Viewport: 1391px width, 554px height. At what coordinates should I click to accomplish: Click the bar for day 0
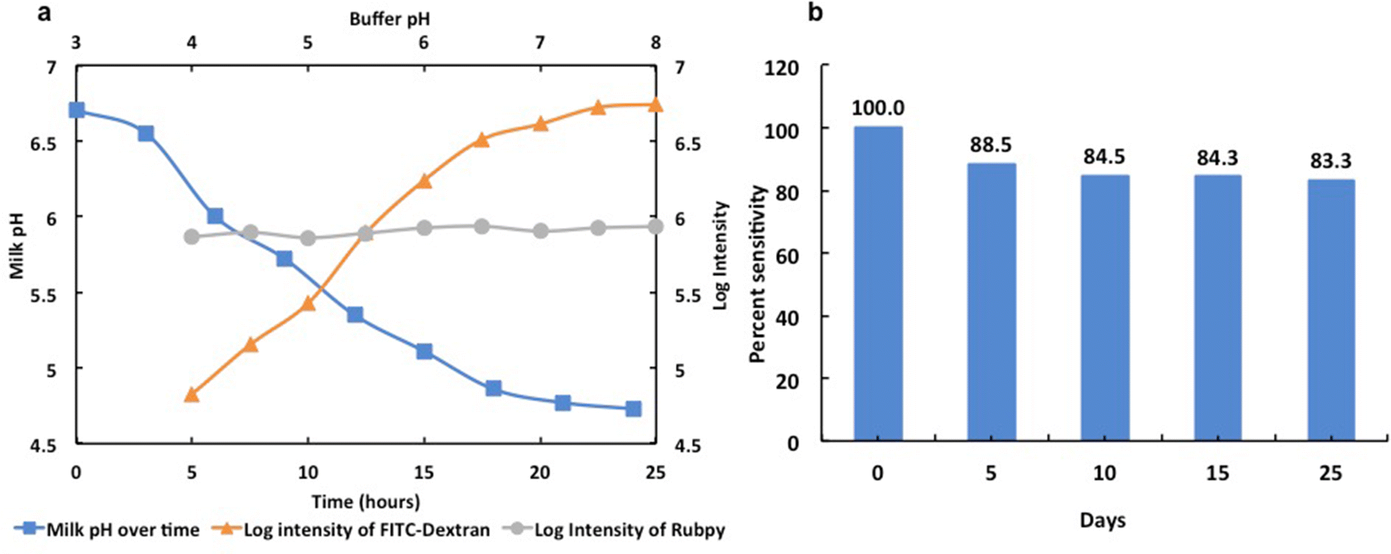(x=878, y=283)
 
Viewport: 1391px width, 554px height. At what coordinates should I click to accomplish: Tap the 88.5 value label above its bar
(x=991, y=145)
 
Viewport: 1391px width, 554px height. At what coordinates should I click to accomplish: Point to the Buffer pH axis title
(x=389, y=19)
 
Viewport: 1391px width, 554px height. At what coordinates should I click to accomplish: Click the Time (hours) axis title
(x=366, y=501)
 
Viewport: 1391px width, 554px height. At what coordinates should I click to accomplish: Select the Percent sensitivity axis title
(x=759, y=274)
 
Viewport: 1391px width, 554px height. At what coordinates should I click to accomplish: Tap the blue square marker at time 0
(x=76, y=110)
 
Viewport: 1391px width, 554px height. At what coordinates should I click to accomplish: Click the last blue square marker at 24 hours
(x=632, y=409)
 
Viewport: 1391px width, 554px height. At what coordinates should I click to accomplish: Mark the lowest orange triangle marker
(x=192, y=395)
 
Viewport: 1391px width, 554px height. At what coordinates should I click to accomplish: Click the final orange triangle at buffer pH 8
(x=655, y=105)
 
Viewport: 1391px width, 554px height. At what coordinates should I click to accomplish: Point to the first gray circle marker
(x=192, y=237)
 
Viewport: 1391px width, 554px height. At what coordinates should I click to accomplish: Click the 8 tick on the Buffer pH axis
(x=655, y=43)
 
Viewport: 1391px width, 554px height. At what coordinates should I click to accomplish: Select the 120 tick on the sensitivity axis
(x=781, y=68)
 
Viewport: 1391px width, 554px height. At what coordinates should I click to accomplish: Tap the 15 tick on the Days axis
(x=1217, y=473)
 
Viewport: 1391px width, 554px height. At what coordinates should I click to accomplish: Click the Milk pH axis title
(x=17, y=246)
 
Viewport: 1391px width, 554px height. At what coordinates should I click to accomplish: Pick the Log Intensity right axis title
(x=721, y=255)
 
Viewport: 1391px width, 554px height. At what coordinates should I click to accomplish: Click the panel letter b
(x=816, y=12)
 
